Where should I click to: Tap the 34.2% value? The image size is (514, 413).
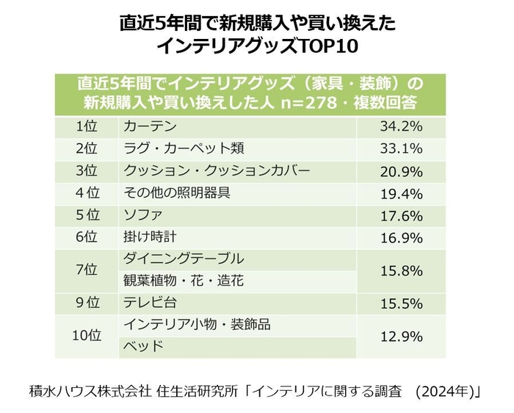pyautogui.click(x=400, y=126)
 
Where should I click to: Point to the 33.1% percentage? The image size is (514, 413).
pyautogui.click(x=400, y=148)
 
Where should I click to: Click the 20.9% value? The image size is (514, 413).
pyautogui.click(x=400, y=170)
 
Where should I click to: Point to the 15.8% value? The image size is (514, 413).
pyautogui.click(x=400, y=270)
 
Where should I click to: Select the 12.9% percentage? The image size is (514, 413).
pyautogui.click(x=400, y=336)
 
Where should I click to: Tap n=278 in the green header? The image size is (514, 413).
pyautogui.click(x=308, y=101)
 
